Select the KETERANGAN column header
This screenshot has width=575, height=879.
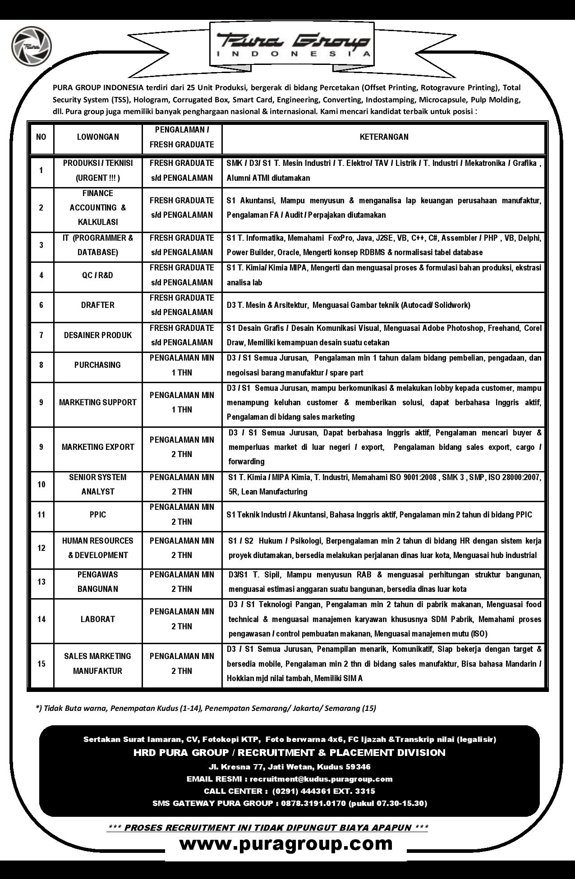pyautogui.click(x=384, y=137)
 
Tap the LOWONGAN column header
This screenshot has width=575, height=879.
pyautogui.click(x=98, y=137)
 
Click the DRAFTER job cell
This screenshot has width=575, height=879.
pyautogui.click(x=98, y=305)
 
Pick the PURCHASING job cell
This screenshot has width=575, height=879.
pyautogui.click(x=98, y=365)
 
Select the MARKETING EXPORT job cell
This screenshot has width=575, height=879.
pyautogui.click(x=98, y=447)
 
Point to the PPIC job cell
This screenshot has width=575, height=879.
pyautogui.click(x=98, y=514)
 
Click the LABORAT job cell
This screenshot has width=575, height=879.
pyautogui.click(x=98, y=619)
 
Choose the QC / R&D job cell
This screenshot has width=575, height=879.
pyautogui.click(x=98, y=275)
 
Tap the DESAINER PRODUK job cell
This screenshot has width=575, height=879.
pyautogui.click(x=98, y=335)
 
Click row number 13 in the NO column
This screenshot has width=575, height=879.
pyautogui.click(x=41, y=582)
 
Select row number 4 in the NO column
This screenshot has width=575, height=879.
pyautogui.click(x=41, y=275)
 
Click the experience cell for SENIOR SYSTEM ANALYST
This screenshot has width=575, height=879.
pyautogui.click(x=182, y=485)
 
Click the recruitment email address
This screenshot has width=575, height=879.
pyautogui.click(x=321, y=779)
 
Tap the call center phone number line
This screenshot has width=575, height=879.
pyautogui.click(x=289, y=791)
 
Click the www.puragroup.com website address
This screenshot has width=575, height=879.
pyautogui.click(x=286, y=843)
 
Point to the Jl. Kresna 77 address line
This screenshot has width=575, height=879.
pyautogui.click(x=289, y=767)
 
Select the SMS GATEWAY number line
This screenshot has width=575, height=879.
pyautogui.click(x=289, y=803)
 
